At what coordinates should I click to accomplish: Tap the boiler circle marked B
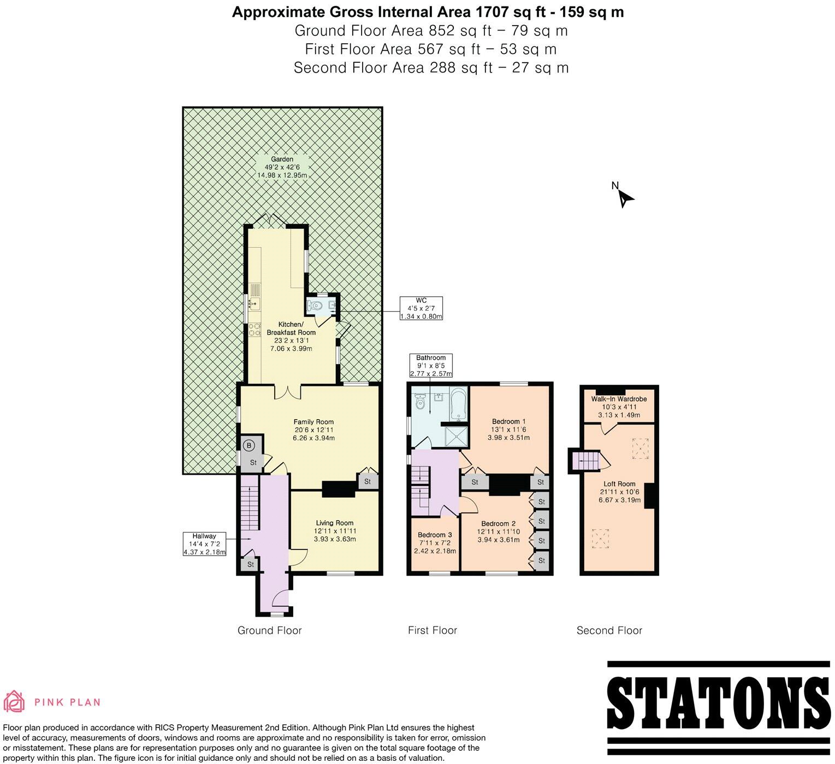248,446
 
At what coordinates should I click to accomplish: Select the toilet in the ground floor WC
315,306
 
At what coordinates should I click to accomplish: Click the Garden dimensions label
282,168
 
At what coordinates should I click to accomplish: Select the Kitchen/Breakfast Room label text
291,336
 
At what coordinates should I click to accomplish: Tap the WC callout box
421,308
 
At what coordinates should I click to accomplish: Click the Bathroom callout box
431,366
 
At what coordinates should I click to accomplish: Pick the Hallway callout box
204,544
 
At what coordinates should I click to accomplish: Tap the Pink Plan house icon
14,702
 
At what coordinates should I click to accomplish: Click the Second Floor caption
609,631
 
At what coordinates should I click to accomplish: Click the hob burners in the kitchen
254,330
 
